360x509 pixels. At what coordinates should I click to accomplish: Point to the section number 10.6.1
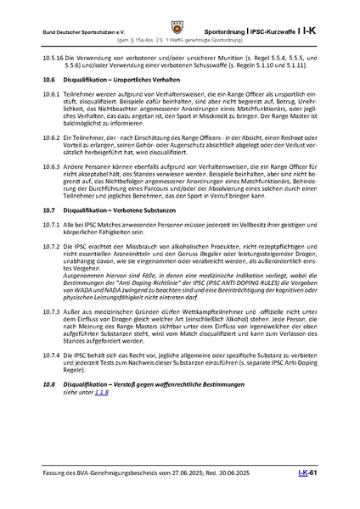click(50, 92)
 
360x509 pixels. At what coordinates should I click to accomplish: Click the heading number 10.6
click(48, 77)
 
